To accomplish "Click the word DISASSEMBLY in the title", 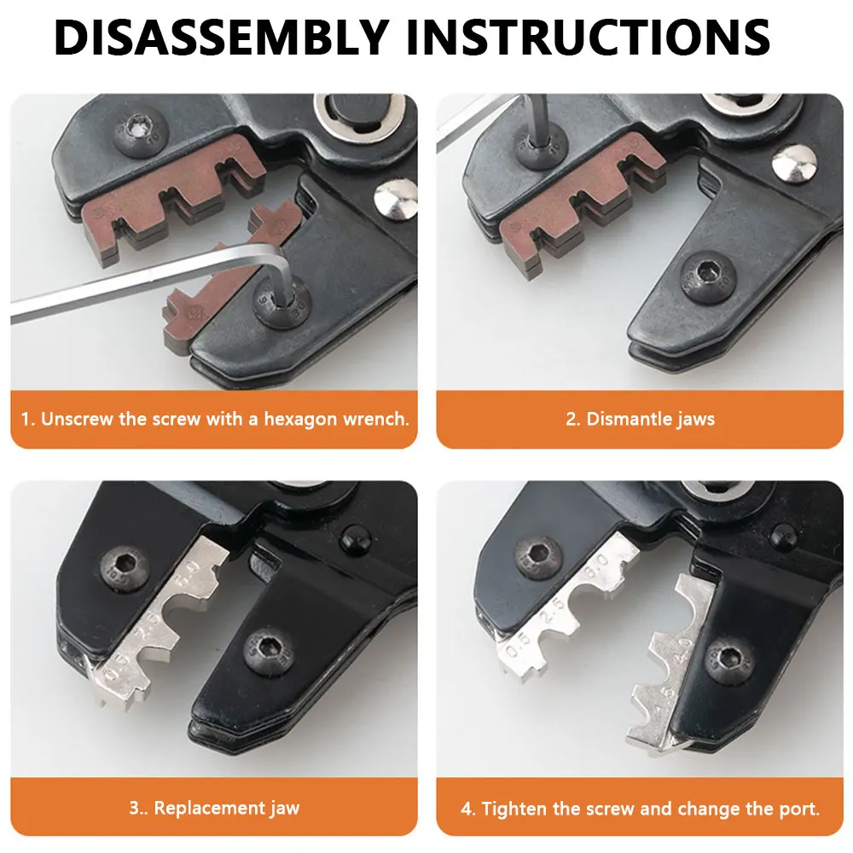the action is pyautogui.click(x=221, y=37).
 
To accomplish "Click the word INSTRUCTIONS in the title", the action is pyautogui.click(x=588, y=37).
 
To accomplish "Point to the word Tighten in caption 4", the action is pyautogui.click(x=514, y=809).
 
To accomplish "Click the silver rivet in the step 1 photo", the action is pyautogui.click(x=396, y=200).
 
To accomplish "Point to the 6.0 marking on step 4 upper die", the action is pyautogui.click(x=595, y=569).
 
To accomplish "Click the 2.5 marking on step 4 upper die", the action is pyautogui.click(x=552, y=611).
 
